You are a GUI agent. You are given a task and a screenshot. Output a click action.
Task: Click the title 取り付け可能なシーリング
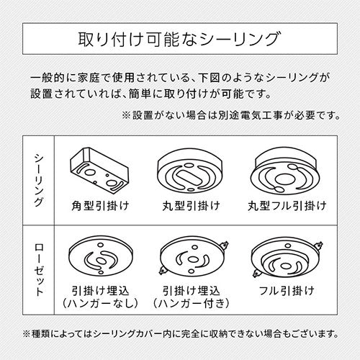pos(179,39)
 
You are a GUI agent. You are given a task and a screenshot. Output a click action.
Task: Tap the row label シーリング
pos(39,180)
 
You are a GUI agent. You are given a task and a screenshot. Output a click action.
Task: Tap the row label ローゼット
pos(39,269)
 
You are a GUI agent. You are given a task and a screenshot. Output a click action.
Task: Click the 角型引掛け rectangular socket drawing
pos(99,170)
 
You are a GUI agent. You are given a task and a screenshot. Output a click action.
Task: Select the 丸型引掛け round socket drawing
pos(190,170)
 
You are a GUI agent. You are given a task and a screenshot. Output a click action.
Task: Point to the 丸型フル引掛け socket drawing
pos(285,171)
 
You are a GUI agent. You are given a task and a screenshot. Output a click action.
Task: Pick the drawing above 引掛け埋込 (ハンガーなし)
pos(101,258)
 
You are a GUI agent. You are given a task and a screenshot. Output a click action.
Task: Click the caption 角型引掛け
pos(100,206)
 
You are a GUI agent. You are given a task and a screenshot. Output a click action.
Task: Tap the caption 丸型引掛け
pos(191,206)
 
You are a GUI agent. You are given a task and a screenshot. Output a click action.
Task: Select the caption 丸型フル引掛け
pos(287,206)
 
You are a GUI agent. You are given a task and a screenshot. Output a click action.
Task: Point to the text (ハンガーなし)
pos(100,304)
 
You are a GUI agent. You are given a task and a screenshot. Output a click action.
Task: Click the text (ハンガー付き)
pos(191,304)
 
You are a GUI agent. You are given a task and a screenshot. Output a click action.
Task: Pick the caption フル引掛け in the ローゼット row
pos(287,291)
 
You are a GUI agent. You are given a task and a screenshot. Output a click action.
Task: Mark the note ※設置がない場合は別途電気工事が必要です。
pos(231,116)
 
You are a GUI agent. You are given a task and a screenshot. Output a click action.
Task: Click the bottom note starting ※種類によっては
pos(180,334)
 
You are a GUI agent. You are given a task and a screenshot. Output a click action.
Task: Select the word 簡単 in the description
pos(140,94)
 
